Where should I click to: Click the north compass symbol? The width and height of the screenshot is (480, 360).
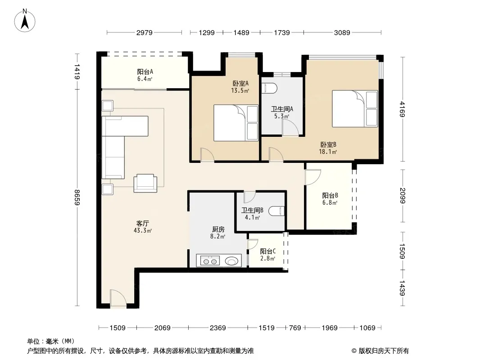tap(25, 21)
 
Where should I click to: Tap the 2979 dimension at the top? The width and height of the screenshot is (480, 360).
tap(144, 32)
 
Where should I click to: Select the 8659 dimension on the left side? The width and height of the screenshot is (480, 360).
tap(77, 198)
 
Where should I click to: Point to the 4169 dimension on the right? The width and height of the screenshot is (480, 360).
tap(402, 109)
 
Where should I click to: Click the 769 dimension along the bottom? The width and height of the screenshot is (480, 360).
tap(295, 328)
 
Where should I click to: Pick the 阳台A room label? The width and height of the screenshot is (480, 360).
tap(145, 72)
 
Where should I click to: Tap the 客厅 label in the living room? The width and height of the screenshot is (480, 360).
tap(143, 223)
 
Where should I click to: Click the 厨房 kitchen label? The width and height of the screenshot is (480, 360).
tap(218, 229)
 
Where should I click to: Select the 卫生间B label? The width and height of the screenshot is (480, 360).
tap(252, 210)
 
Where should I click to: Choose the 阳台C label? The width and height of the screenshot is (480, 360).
tap(268, 251)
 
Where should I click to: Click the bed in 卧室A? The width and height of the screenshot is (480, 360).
tap(235, 123)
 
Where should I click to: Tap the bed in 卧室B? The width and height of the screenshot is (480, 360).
tap(355, 108)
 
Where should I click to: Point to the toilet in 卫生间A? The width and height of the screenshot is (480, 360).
tap(270, 88)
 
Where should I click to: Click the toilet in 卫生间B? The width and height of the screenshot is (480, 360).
tap(278, 211)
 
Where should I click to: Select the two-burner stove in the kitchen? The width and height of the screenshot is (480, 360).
tap(210, 261)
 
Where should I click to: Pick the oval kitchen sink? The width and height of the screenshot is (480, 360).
tap(231, 261)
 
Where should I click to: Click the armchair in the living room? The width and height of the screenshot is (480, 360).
tap(145, 183)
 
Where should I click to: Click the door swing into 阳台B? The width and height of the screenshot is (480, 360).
tap(312, 177)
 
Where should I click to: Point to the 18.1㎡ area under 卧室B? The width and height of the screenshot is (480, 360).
tap(328, 152)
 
